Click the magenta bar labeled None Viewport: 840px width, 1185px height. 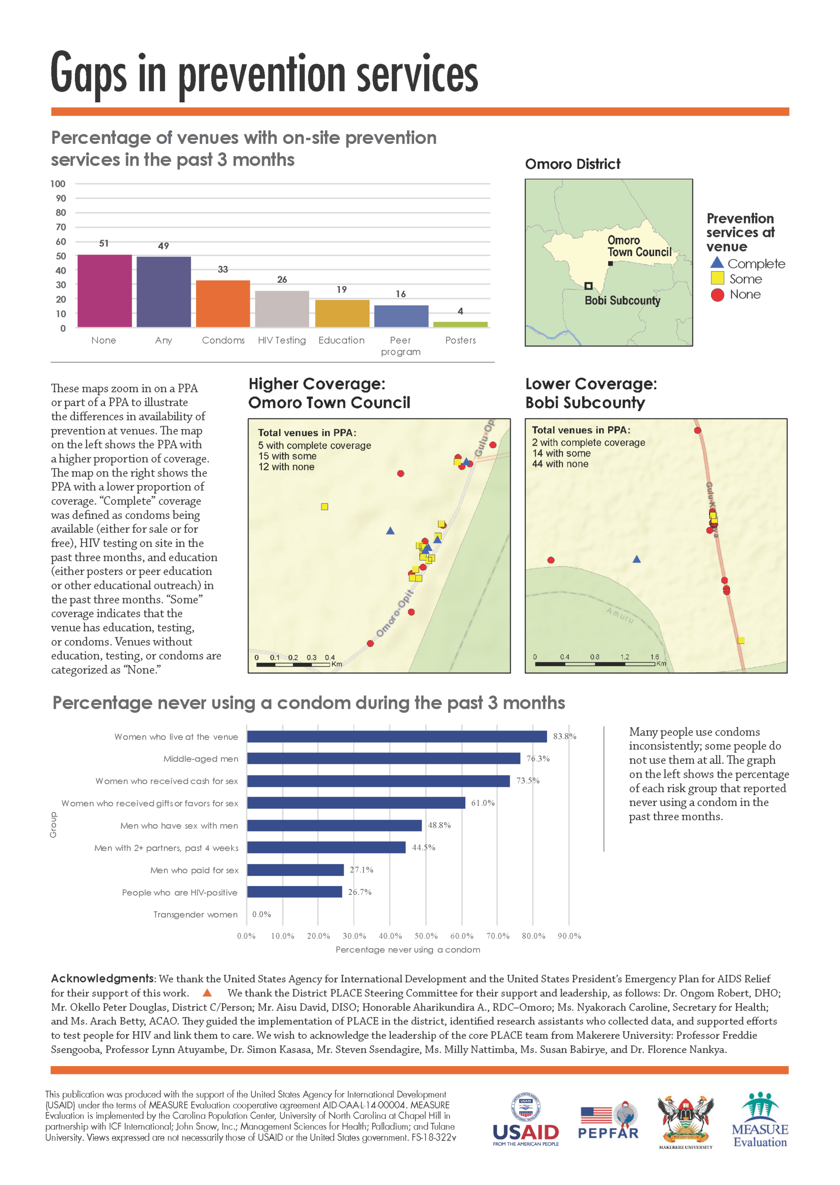(x=104, y=291)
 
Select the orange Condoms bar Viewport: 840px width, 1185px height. (x=223, y=304)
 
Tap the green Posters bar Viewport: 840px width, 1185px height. (x=460, y=324)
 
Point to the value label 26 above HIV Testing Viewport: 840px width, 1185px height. (x=282, y=280)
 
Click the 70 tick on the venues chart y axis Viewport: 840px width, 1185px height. (x=61, y=227)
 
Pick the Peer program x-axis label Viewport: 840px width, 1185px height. (x=401, y=346)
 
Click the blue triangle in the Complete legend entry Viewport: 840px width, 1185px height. (x=717, y=263)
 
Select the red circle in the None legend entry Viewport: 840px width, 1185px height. (x=717, y=294)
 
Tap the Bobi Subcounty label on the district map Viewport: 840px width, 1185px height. (x=622, y=301)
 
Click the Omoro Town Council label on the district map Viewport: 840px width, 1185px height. (x=639, y=246)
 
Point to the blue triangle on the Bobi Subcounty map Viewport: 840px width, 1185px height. (x=637, y=559)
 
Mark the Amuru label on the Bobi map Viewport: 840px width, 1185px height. (x=620, y=615)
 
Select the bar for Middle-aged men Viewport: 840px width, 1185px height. (x=383, y=759)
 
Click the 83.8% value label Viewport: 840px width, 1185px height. (x=564, y=736)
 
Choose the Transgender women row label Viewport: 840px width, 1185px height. (x=196, y=915)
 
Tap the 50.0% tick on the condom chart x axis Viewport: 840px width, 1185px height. (x=426, y=936)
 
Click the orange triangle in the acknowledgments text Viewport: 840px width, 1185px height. (x=207, y=992)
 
